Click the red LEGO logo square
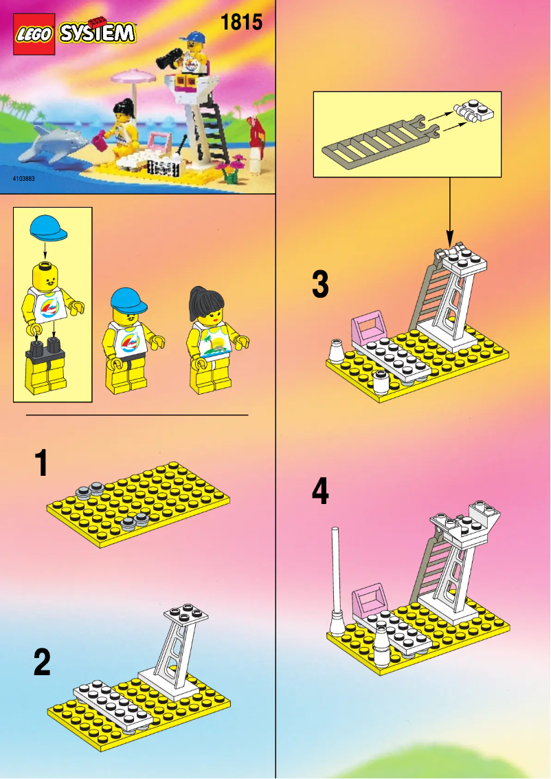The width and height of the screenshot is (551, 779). point(34,34)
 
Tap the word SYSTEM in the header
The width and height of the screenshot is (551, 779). point(97,33)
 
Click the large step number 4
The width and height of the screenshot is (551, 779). point(320,492)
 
